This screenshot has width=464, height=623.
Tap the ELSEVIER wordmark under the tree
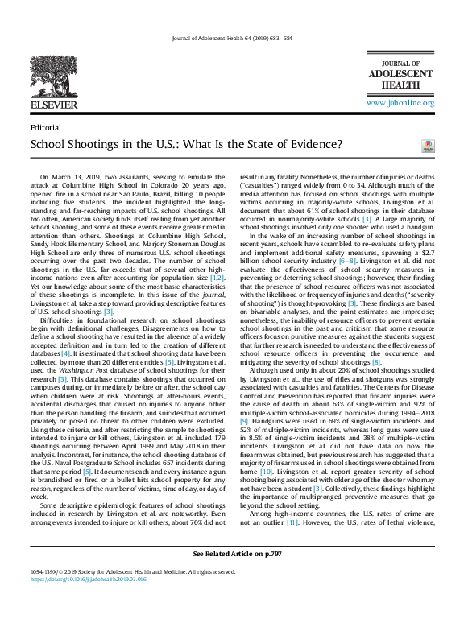[54, 105]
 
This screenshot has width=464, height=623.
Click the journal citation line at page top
[232, 39]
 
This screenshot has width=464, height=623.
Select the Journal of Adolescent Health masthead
[400, 78]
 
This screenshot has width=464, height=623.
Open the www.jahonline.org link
[400, 104]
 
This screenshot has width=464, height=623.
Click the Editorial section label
[46, 127]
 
